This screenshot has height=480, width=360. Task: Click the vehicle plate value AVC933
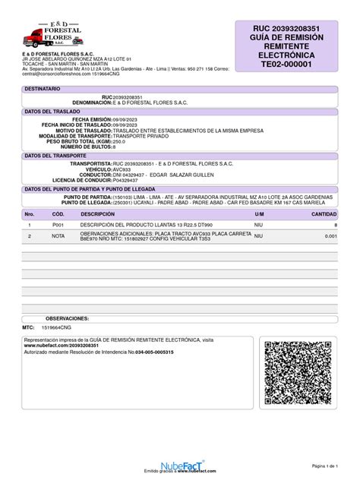coord(122,169)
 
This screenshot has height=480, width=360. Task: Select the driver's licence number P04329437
coord(130,180)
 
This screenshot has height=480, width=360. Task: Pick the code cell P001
coord(58,226)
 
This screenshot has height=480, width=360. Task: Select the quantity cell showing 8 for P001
coord(335,226)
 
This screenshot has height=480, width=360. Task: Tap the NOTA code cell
coord(58,236)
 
